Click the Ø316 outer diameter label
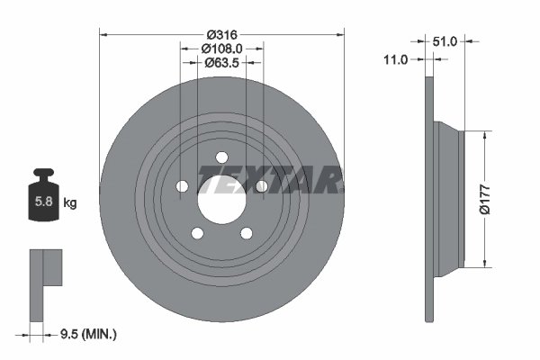click(220, 34)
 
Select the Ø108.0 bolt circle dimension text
click(220, 49)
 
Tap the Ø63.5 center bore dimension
click(220, 63)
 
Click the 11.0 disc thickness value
click(395, 59)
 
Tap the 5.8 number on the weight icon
click(42, 202)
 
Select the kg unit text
click(70, 202)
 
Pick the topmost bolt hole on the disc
click(220, 158)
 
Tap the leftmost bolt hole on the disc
click(181, 186)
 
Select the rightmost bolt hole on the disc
click(261, 186)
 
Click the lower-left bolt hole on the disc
click(196, 233)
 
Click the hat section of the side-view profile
click(450, 200)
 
